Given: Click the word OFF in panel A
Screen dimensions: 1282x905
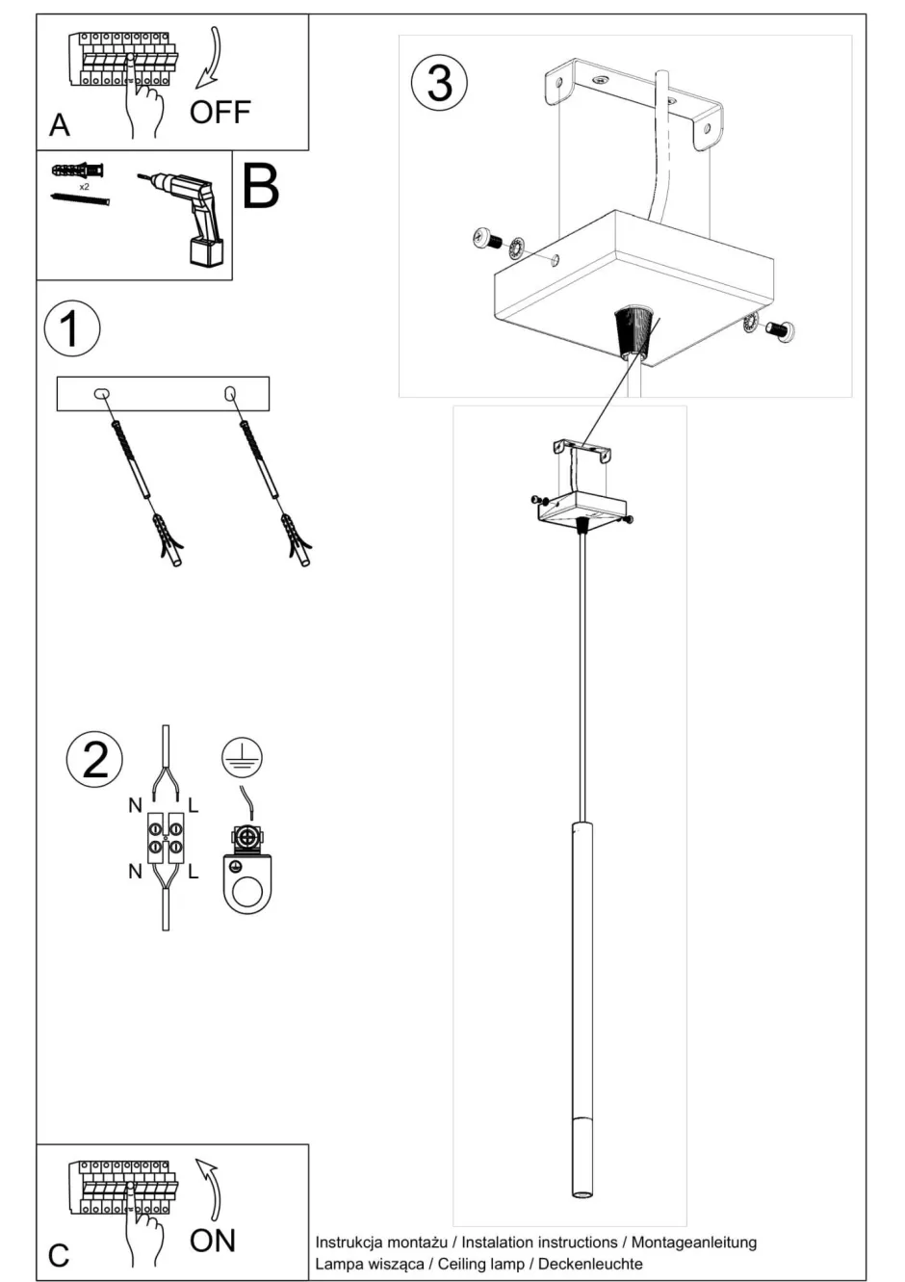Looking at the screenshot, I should pos(220,113).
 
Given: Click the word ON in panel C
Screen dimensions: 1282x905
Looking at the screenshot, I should pos(213,1240).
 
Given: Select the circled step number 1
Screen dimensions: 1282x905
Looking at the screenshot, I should pos(72,328).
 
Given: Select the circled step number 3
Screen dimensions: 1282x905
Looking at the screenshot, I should pos(439,82).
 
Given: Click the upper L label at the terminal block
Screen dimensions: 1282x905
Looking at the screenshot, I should pos(194,805).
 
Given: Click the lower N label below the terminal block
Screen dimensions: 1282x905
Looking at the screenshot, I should pos(135,872).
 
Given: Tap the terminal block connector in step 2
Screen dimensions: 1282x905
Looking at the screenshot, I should pos(166,837).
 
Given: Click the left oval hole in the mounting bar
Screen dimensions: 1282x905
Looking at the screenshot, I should pos(101,393).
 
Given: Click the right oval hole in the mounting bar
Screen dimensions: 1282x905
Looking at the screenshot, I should pos(230,393).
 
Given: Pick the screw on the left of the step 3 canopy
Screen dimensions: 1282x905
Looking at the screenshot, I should pos(484,238).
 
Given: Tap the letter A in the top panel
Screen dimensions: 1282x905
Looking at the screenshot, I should pos(60,125).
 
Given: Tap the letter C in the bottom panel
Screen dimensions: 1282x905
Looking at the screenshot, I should pos(59,1255).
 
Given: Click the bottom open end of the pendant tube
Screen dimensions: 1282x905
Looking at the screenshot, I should pos(583,1195).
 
